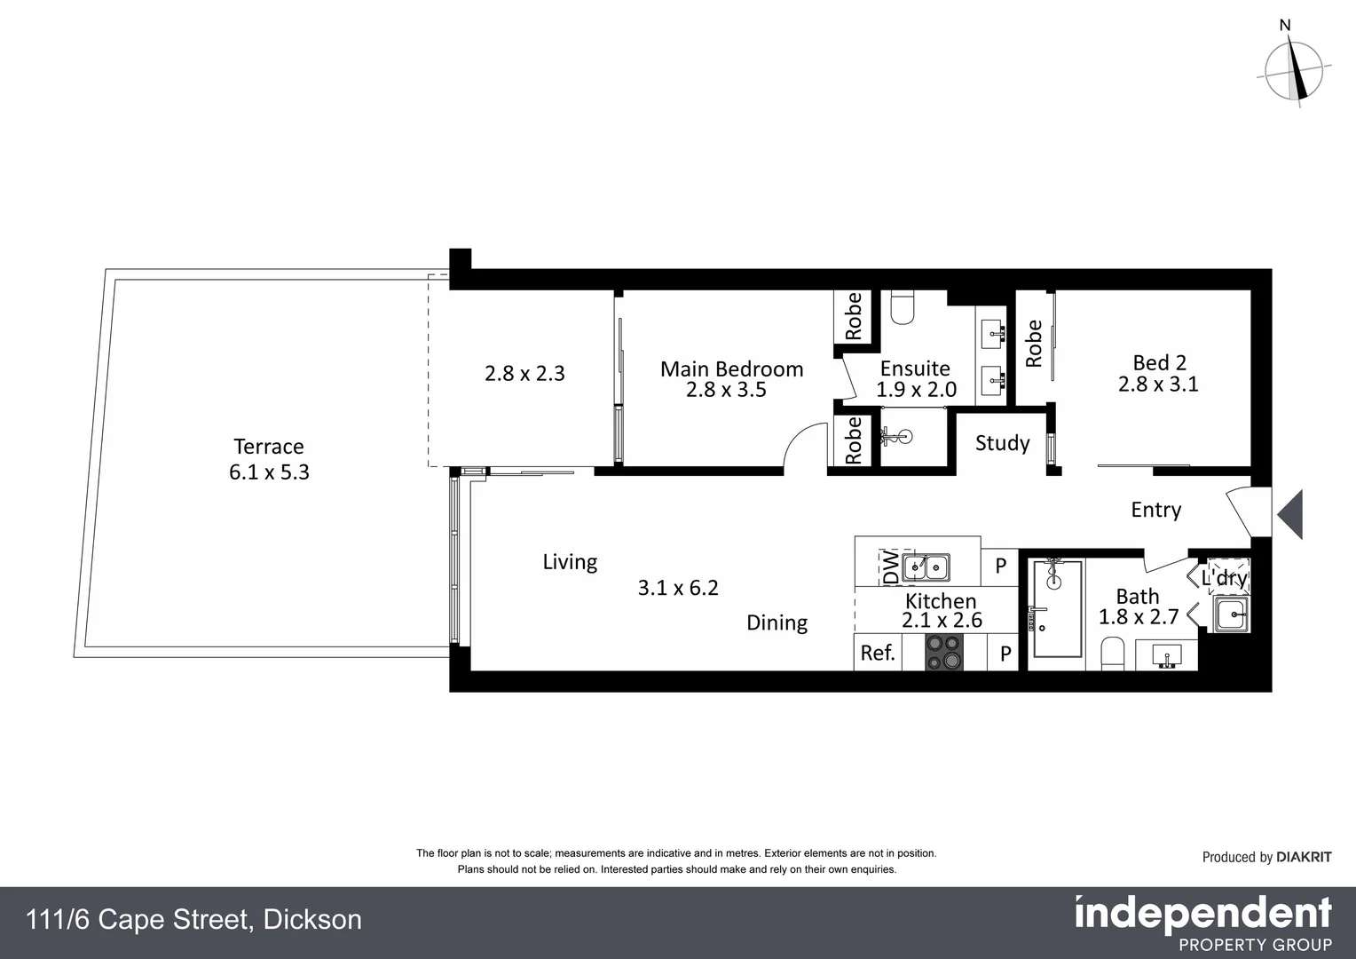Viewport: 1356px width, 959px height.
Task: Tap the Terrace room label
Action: [268, 447]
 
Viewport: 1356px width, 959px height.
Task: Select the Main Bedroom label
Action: [731, 369]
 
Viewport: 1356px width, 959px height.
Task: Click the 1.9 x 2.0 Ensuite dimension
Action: [916, 390]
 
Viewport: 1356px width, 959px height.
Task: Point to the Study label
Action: [1002, 443]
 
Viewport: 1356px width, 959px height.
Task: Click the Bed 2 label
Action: [1159, 362]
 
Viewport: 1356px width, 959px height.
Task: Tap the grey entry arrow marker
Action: [1290, 514]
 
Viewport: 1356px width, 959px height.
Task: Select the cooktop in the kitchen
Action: [943, 654]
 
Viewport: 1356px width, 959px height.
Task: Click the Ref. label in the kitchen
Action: [877, 654]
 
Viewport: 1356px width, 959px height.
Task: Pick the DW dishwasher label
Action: [889, 567]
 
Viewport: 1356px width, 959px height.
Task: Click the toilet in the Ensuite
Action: [902, 307]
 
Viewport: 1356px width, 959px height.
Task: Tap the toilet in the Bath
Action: [1112, 655]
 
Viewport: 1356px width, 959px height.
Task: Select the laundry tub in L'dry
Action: [1231, 613]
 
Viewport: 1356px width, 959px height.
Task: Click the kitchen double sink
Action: [926, 567]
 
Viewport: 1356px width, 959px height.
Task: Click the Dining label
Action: [777, 622]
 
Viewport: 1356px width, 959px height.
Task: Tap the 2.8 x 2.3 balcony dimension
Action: [524, 374]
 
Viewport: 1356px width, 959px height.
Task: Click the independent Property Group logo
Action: [1202, 923]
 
